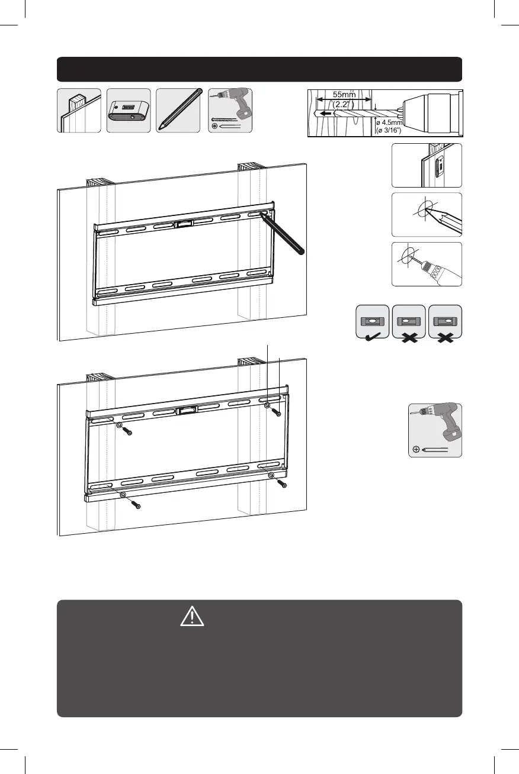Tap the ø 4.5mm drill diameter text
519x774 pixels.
[x=390, y=123]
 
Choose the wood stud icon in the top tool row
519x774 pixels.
[x=78, y=111]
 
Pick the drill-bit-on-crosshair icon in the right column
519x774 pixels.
[x=427, y=264]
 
